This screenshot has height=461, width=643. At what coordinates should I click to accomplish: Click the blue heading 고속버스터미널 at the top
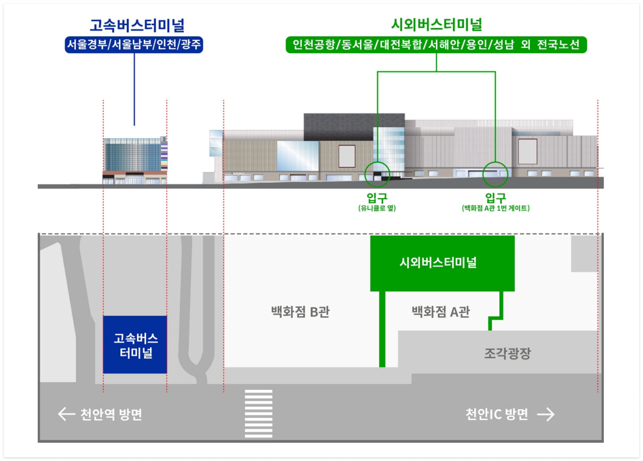pos(137,25)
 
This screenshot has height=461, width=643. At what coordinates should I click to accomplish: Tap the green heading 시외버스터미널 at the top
pos(436,25)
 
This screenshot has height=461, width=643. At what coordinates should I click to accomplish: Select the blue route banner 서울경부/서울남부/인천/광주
pos(134,45)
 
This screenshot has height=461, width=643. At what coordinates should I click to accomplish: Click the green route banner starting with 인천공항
pos(436,45)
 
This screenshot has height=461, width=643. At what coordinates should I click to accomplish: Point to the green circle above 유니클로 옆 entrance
pos(377,174)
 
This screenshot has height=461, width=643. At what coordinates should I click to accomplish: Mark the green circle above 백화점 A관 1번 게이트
pos(495,174)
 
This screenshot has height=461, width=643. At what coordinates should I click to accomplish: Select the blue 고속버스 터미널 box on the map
pos(135,345)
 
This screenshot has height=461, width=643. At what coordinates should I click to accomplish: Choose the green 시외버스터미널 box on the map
pos(442,263)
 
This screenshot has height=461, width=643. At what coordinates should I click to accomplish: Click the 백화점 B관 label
pos(300,312)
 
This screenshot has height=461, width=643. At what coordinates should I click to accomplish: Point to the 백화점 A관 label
pos(441,312)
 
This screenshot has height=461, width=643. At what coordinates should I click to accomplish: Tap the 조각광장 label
pos(507,353)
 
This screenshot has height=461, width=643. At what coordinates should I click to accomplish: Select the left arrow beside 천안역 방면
pos(66,414)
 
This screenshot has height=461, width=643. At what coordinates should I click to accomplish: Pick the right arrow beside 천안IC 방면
pos(546,415)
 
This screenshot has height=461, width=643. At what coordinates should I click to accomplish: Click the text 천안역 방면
pos(111,415)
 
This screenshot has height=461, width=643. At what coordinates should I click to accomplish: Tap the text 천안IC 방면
pos(497,414)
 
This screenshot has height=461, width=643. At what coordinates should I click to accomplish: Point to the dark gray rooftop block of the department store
pos(354,126)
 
